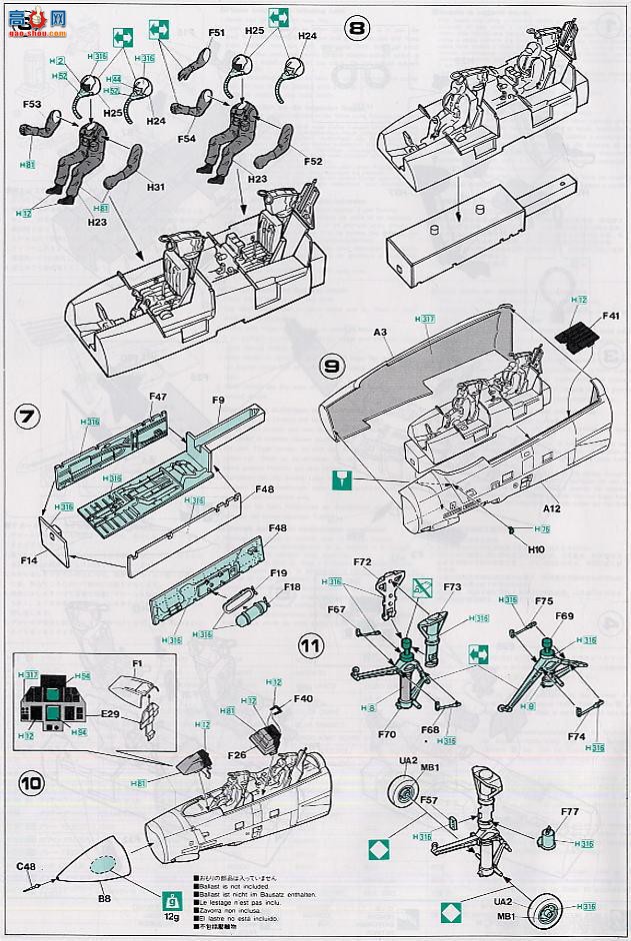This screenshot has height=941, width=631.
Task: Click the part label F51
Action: point(216,33)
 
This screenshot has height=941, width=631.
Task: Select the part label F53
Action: point(31,103)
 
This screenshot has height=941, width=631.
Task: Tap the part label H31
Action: point(154,187)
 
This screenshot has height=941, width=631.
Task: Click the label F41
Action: point(612,319)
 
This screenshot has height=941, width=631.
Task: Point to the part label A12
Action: point(549,507)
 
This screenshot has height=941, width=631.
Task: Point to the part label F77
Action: point(570,812)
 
